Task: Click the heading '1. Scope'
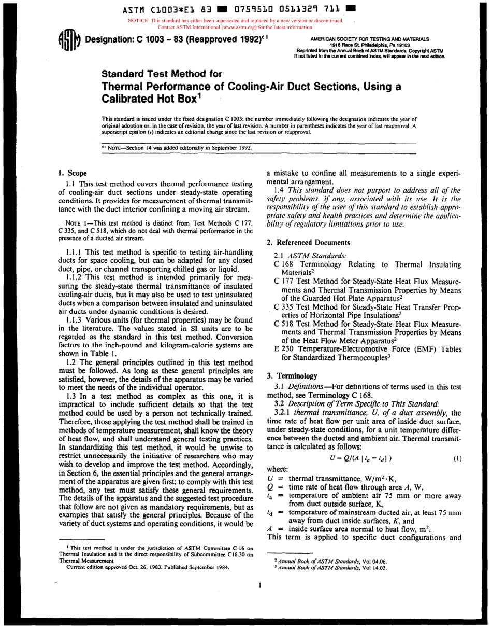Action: click(73, 173)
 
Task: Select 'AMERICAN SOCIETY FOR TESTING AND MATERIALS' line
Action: click(369, 39)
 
